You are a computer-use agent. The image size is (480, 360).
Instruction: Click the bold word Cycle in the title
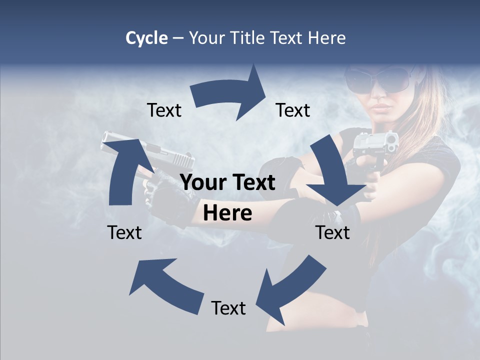tap(146, 38)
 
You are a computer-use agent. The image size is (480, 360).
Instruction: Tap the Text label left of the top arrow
tap(164, 110)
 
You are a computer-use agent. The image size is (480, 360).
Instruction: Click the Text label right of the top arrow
tap(293, 110)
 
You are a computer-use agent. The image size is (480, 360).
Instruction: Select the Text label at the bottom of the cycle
tap(228, 308)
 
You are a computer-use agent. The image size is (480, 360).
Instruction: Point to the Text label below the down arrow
tap(332, 232)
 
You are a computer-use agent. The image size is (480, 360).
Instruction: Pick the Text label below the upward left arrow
tap(124, 232)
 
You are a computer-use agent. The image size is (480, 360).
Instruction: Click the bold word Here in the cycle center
tap(227, 213)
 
